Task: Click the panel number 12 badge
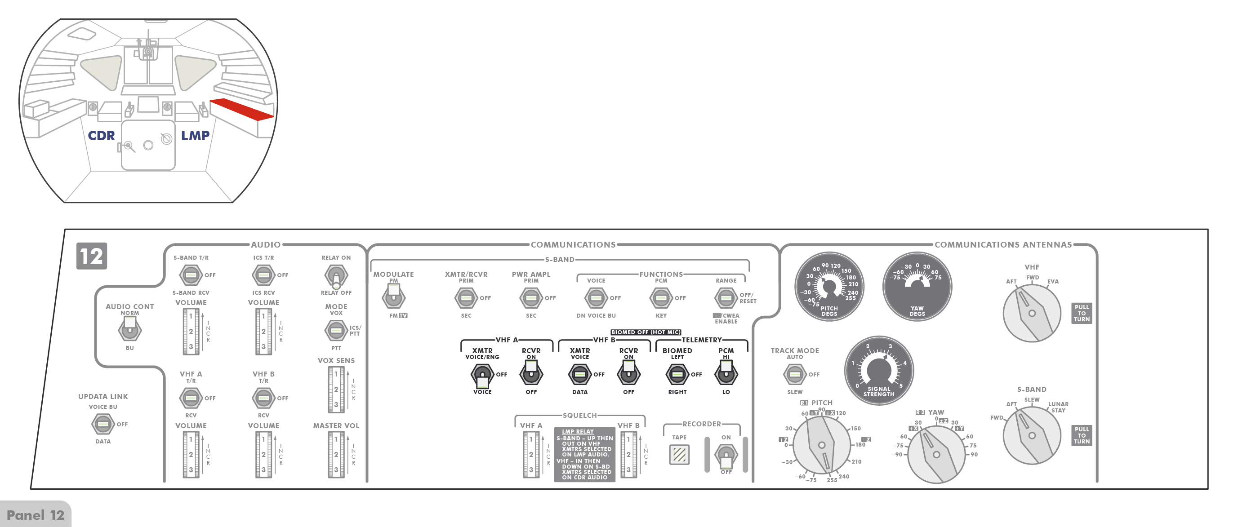[91, 256]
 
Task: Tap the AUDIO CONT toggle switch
[130, 329]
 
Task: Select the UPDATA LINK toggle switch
[103, 424]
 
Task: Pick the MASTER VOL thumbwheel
[336, 454]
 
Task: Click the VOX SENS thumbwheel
[336, 389]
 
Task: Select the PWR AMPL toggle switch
[531, 298]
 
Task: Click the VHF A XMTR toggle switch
[482, 375]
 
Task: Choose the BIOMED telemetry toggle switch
[677, 374]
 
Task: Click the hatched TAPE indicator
[679, 454]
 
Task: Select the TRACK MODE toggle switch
[794, 374]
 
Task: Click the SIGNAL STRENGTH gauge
[879, 370]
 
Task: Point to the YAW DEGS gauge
[917, 286]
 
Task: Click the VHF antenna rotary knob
[1032, 313]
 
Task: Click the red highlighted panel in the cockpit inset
[242, 109]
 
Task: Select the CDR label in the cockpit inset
[101, 136]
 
